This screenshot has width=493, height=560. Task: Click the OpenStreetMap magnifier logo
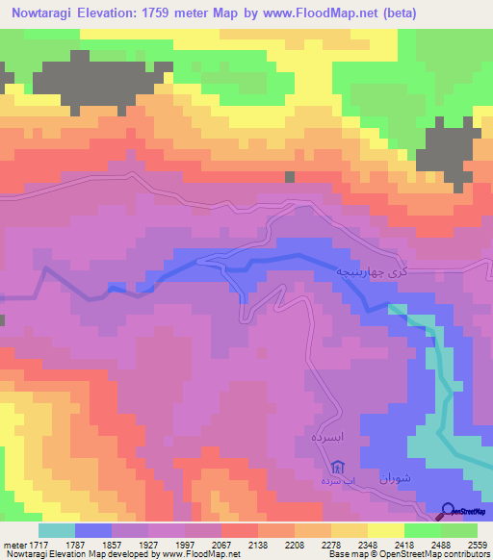[448, 511]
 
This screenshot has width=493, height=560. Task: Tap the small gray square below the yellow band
[289, 176]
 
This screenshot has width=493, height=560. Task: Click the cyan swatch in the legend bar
[57, 530]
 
